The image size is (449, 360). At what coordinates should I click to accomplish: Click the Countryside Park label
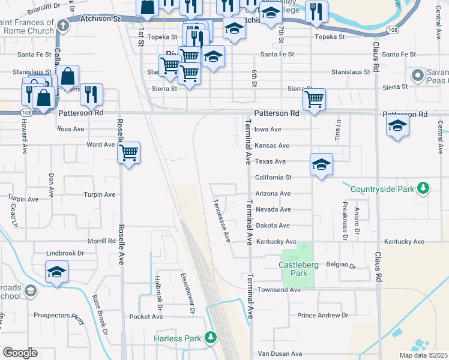(382, 189)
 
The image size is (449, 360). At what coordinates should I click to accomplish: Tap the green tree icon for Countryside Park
(423, 189)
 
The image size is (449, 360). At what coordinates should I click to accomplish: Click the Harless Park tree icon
(210, 338)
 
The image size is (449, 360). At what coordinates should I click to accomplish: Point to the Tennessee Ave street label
(221, 220)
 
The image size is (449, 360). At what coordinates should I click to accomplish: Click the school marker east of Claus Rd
(397, 125)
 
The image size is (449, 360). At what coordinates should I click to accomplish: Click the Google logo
(20, 353)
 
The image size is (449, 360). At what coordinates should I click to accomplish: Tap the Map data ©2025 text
(423, 355)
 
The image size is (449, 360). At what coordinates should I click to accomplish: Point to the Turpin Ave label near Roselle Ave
(99, 194)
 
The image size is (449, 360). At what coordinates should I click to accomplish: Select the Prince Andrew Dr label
(322, 315)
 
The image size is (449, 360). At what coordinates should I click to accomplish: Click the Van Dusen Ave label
(279, 354)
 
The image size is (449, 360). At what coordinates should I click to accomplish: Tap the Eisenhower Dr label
(188, 293)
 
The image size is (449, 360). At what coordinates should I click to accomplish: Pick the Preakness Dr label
(345, 215)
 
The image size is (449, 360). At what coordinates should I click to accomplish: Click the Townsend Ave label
(279, 290)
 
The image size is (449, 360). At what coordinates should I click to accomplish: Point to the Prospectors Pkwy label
(59, 315)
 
